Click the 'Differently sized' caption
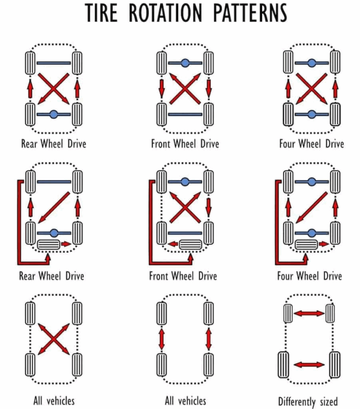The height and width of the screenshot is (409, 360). coord(307,401)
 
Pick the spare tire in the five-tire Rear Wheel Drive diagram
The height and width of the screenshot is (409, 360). coord(48,244)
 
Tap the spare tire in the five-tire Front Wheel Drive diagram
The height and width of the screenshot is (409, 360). coord(190,244)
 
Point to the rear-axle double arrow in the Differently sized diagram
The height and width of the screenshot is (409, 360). coord(309,364)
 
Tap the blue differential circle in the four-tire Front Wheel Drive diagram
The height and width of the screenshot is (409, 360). coord(184,63)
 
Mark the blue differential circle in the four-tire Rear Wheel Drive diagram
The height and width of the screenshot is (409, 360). coord(53,114)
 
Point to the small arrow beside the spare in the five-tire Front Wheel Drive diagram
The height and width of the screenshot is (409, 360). coord(173,244)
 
